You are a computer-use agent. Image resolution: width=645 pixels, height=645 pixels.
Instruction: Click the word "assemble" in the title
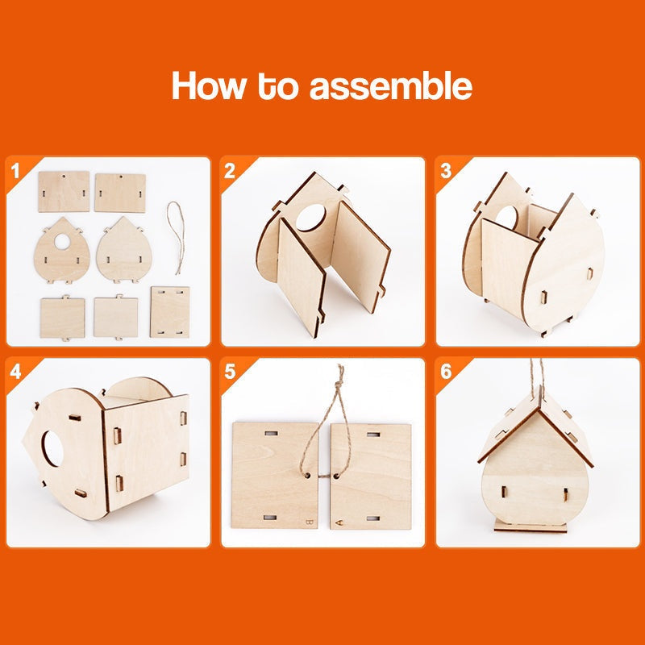390,86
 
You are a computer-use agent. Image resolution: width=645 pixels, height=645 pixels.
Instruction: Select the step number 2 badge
230,170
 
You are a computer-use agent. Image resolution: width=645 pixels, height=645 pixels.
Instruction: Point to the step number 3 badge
445,170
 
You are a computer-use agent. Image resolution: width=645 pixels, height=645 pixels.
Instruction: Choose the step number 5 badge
230,372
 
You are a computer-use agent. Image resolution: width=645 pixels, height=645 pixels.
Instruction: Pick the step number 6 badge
445,372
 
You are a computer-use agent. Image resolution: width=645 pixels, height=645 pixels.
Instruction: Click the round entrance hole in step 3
507,216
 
